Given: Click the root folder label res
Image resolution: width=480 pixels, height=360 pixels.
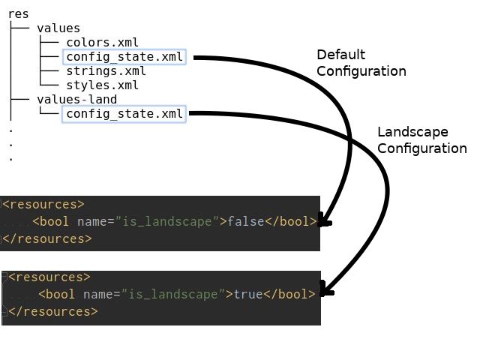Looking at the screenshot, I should click(x=18, y=13).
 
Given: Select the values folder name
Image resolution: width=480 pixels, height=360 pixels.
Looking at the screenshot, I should click(x=58, y=28).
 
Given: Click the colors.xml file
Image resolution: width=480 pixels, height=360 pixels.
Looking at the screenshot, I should click(x=102, y=43).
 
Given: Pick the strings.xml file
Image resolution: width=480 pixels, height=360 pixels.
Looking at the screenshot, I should click(x=106, y=71).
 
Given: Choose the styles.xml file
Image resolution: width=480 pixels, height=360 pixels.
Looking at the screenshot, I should click(x=102, y=85).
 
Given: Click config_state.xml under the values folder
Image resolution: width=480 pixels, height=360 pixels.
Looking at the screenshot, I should click(x=124, y=57).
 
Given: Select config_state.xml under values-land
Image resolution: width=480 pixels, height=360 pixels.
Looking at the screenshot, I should click(x=124, y=114).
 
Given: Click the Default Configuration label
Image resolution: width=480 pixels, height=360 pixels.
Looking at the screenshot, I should click(x=361, y=63).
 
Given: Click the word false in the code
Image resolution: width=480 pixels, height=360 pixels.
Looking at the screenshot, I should click(x=245, y=222).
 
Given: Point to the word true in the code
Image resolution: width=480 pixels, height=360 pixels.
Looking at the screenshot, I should click(x=248, y=294).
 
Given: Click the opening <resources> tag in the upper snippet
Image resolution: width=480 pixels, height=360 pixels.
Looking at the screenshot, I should click(x=43, y=204).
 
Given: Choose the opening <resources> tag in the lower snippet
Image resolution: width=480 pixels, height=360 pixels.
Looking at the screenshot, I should click(x=49, y=277).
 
